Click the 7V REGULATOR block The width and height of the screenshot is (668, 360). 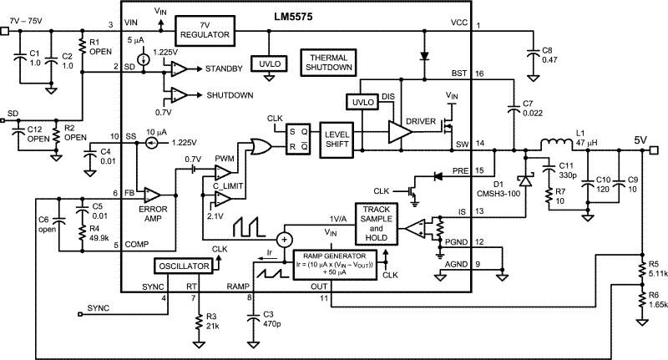point(205,30)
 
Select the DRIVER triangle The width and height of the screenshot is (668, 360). point(407,132)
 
